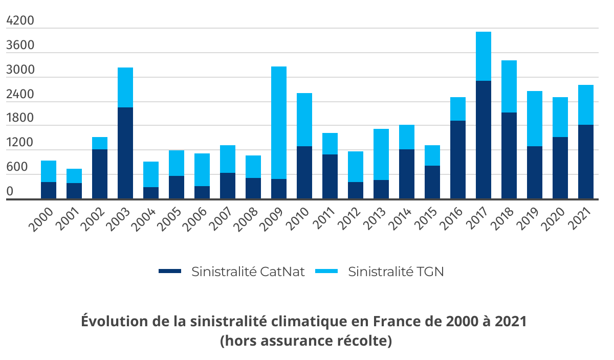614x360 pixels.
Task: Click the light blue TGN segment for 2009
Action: (279, 123)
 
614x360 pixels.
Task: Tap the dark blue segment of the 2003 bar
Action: (125, 153)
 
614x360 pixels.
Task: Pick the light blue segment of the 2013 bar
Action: (381, 154)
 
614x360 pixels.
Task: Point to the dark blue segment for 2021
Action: (586, 162)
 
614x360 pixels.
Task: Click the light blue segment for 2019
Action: (535, 119)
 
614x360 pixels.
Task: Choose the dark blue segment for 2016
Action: (458, 160)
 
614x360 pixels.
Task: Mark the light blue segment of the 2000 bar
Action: (49, 171)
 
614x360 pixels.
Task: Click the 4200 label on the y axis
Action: (20, 21)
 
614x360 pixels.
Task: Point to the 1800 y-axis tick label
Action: (20, 119)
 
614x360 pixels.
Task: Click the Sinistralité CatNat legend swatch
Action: (170, 271)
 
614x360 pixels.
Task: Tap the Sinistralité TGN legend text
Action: (396, 271)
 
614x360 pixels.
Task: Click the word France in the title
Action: (396, 322)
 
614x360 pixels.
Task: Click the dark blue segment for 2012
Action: (356, 190)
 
